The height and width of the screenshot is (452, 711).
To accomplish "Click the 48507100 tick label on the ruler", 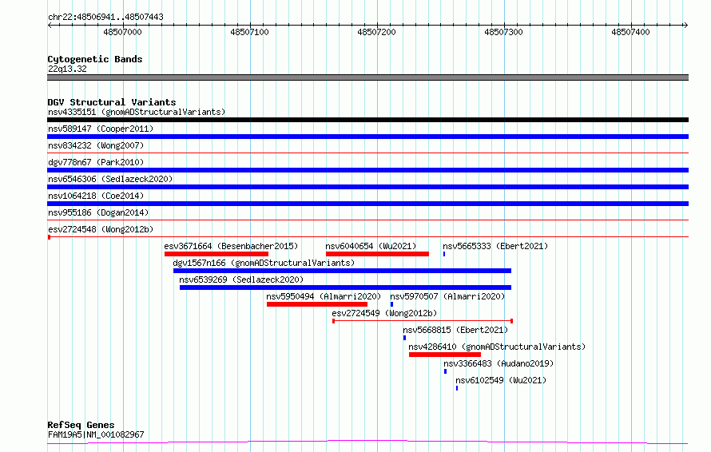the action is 249,32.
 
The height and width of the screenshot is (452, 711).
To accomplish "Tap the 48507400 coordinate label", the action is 630,32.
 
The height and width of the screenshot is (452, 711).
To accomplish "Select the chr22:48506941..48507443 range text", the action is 105,18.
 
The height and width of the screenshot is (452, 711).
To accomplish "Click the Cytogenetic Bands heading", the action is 95,59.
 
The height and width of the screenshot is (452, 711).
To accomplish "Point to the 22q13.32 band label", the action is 67,69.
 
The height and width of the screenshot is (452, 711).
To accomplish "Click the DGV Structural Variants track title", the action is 112,102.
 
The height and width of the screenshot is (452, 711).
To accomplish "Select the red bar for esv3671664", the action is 216,254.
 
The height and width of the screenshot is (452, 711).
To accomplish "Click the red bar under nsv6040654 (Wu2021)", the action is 377,254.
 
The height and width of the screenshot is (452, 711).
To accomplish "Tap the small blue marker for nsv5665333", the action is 444,254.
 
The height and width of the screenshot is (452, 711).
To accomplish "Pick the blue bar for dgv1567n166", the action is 343,271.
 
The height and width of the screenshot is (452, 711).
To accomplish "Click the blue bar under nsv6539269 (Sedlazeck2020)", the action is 346,287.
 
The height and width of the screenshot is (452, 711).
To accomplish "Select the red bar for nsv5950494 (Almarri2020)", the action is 317,304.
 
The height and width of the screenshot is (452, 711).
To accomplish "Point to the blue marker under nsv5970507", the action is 391,304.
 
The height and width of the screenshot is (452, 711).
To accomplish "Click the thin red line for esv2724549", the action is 423,321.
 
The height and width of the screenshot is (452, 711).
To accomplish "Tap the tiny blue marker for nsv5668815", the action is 404,338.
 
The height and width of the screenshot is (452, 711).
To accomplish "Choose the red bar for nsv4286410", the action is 445,355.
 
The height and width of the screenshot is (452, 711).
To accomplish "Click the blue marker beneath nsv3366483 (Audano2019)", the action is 445,371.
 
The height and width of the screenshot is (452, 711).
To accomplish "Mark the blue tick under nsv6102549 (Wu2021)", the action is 457,388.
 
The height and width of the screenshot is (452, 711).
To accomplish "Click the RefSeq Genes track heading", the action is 81,425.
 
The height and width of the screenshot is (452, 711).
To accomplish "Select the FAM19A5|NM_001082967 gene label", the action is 96,434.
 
